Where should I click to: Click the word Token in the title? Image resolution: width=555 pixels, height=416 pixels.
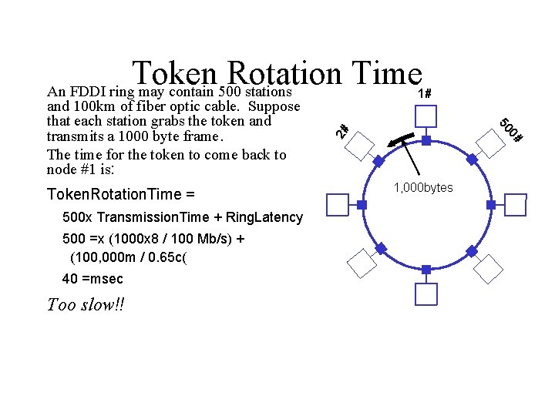pyautogui.click(x=174, y=75)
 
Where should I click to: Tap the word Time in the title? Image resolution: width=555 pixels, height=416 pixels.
pyautogui.click(x=383, y=75)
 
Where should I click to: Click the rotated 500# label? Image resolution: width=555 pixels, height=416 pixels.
pyautogui.click(x=511, y=130)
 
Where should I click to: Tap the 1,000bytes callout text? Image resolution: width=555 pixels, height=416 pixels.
pyautogui.click(x=423, y=188)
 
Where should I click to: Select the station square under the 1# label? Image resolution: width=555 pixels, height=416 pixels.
pyautogui.click(x=425, y=116)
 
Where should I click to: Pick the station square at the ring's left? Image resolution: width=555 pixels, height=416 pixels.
pyautogui.click(x=338, y=205)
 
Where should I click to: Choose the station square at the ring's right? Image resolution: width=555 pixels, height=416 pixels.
pyautogui.click(x=514, y=206)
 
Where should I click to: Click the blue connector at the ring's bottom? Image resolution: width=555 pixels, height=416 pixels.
pyautogui.click(x=426, y=270)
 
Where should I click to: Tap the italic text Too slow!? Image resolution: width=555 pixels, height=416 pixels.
pyautogui.click(x=85, y=304)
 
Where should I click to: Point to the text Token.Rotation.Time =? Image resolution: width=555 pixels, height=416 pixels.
pyautogui.click(x=121, y=193)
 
